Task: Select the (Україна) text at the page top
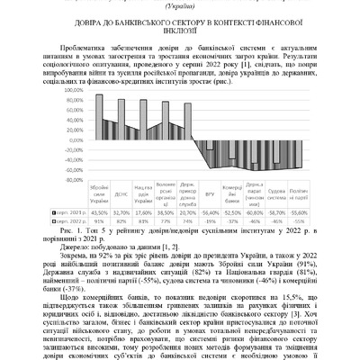pos(180,4)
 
